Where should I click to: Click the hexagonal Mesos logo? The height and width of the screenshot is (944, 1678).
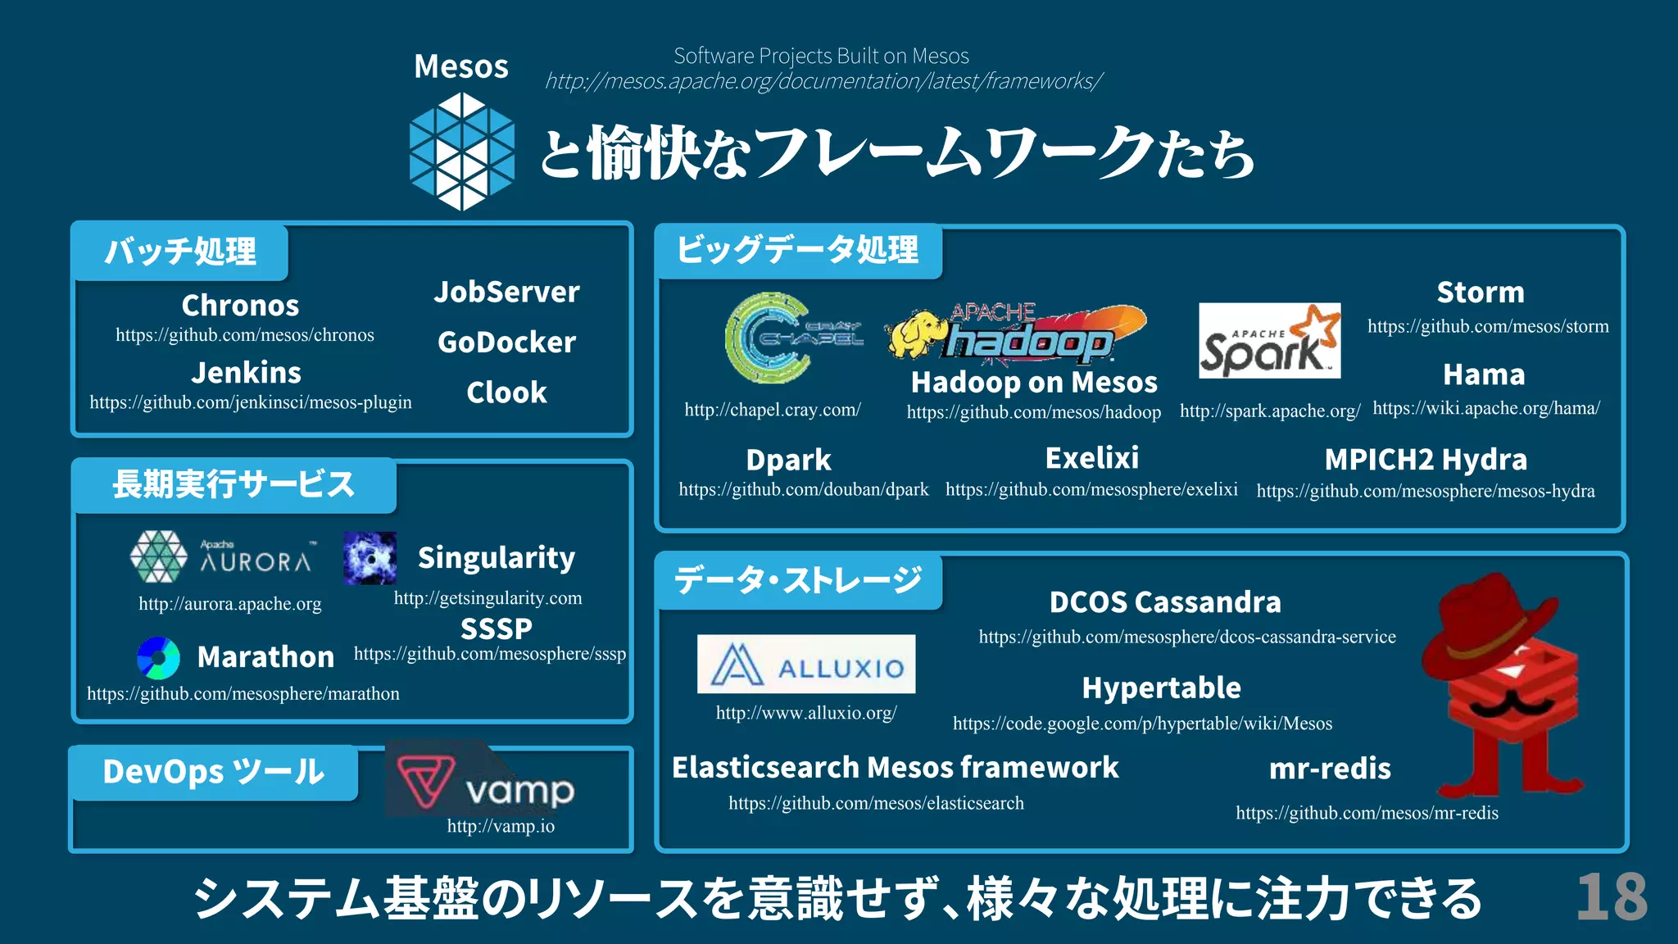(x=462, y=152)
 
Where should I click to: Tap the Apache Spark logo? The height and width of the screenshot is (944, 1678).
(x=1269, y=341)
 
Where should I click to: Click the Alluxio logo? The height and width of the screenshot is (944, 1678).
(x=806, y=665)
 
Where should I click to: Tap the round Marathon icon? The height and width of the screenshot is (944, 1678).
(x=159, y=658)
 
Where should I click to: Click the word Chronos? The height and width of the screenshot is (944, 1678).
(x=240, y=306)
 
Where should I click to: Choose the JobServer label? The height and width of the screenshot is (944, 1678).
(x=506, y=292)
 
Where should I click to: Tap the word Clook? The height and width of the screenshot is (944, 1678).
(x=506, y=393)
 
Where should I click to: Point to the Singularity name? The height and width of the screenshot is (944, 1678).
(x=497, y=558)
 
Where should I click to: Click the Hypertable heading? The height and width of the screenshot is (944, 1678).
(x=1161, y=688)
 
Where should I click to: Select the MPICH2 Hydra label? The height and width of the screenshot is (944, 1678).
(x=1426, y=460)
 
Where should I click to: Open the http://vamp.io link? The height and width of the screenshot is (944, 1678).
(x=501, y=826)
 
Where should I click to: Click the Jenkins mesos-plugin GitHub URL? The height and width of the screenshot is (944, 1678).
(x=251, y=402)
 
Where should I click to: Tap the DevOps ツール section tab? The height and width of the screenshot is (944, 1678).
(x=214, y=772)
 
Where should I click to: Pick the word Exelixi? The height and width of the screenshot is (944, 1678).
(x=1092, y=458)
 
